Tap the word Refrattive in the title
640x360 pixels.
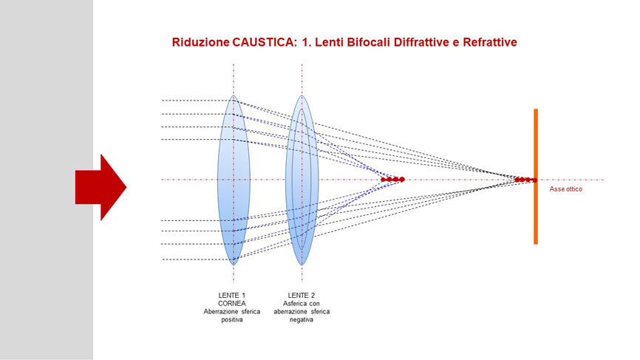[x=490, y=42]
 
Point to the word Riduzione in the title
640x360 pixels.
[x=200, y=42]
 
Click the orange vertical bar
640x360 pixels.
[x=536, y=177]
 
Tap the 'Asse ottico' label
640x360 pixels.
[x=565, y=189]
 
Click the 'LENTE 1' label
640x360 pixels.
[x=232, y=295]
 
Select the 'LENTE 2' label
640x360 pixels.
[x=302, y=295]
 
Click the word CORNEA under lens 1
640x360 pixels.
[x=232, y=303]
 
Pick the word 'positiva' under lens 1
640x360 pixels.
[x=232, y=319]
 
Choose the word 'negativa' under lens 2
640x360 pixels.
[x=302, y=319]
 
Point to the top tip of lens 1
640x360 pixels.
[x=234, y=95]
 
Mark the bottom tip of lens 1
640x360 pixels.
[x=234, y=265]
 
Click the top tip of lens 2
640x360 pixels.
[x=302, y=95]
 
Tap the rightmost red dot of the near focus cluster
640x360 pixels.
[x=402, y=179]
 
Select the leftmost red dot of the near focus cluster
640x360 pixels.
[x=384, y=179]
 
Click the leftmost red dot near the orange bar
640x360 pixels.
[x=517, y=180]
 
